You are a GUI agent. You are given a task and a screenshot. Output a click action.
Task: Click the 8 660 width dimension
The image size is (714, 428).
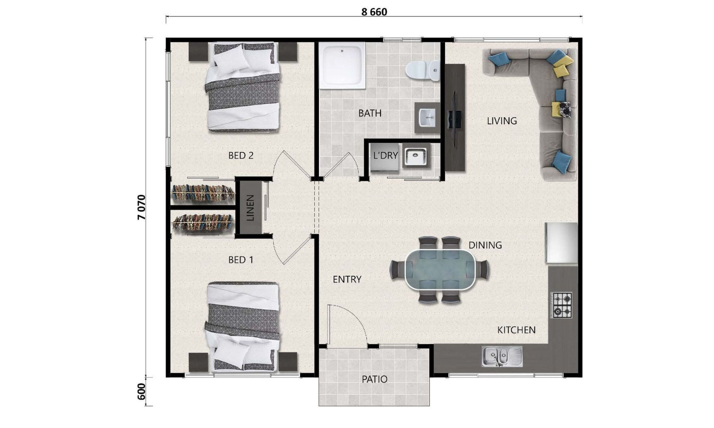point(374,12)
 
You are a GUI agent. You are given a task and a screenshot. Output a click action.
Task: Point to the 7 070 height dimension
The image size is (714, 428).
point(142,207)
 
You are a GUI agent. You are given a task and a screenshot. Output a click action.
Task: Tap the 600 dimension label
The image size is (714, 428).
point(142,392)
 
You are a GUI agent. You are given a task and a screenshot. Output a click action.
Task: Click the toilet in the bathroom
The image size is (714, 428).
point(422,70)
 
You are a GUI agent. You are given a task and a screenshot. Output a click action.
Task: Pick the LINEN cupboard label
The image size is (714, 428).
point(250,208)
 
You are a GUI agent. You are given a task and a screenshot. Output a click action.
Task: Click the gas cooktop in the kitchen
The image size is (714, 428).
point(562,305)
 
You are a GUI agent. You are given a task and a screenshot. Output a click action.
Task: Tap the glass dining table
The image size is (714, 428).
point(440,269)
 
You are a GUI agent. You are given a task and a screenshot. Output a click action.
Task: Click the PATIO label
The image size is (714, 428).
point(374,379)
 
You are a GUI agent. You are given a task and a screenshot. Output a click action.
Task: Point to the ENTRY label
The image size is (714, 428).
point(347,279)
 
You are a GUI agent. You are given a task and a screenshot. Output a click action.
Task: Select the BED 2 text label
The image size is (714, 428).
point(241,155)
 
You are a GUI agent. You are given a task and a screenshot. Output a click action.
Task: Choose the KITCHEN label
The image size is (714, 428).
point(516,330)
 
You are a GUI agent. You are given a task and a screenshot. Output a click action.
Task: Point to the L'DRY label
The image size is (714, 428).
point(385,155)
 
